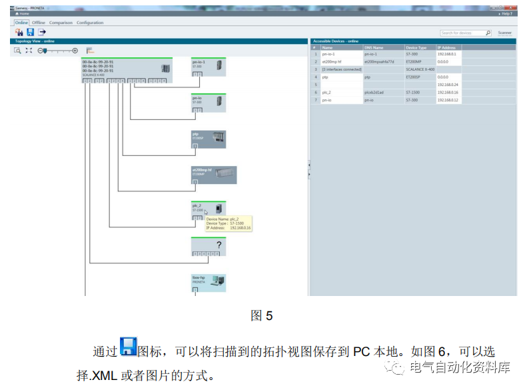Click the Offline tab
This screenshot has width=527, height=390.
[39, 23]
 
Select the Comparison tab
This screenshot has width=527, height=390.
[61, 23]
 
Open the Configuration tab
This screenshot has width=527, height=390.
[90, 23]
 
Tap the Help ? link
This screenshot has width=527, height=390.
[506, 13]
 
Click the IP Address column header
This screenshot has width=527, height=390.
[448, 48]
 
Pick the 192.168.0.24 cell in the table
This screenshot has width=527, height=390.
[448, 85]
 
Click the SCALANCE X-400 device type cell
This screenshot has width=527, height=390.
[420, 69]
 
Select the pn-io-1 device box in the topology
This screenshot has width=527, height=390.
[209, 67]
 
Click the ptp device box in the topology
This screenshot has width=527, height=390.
[209, 139]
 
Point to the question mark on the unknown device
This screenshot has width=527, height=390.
[218, 245]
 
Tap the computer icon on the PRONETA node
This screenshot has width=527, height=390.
[217, 281]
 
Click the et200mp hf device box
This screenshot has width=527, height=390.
[213, 175]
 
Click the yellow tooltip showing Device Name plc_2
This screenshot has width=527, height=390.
[228, 223]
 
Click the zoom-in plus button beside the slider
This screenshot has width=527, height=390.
[75, 51]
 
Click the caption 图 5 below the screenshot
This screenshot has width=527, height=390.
[262, 315]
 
